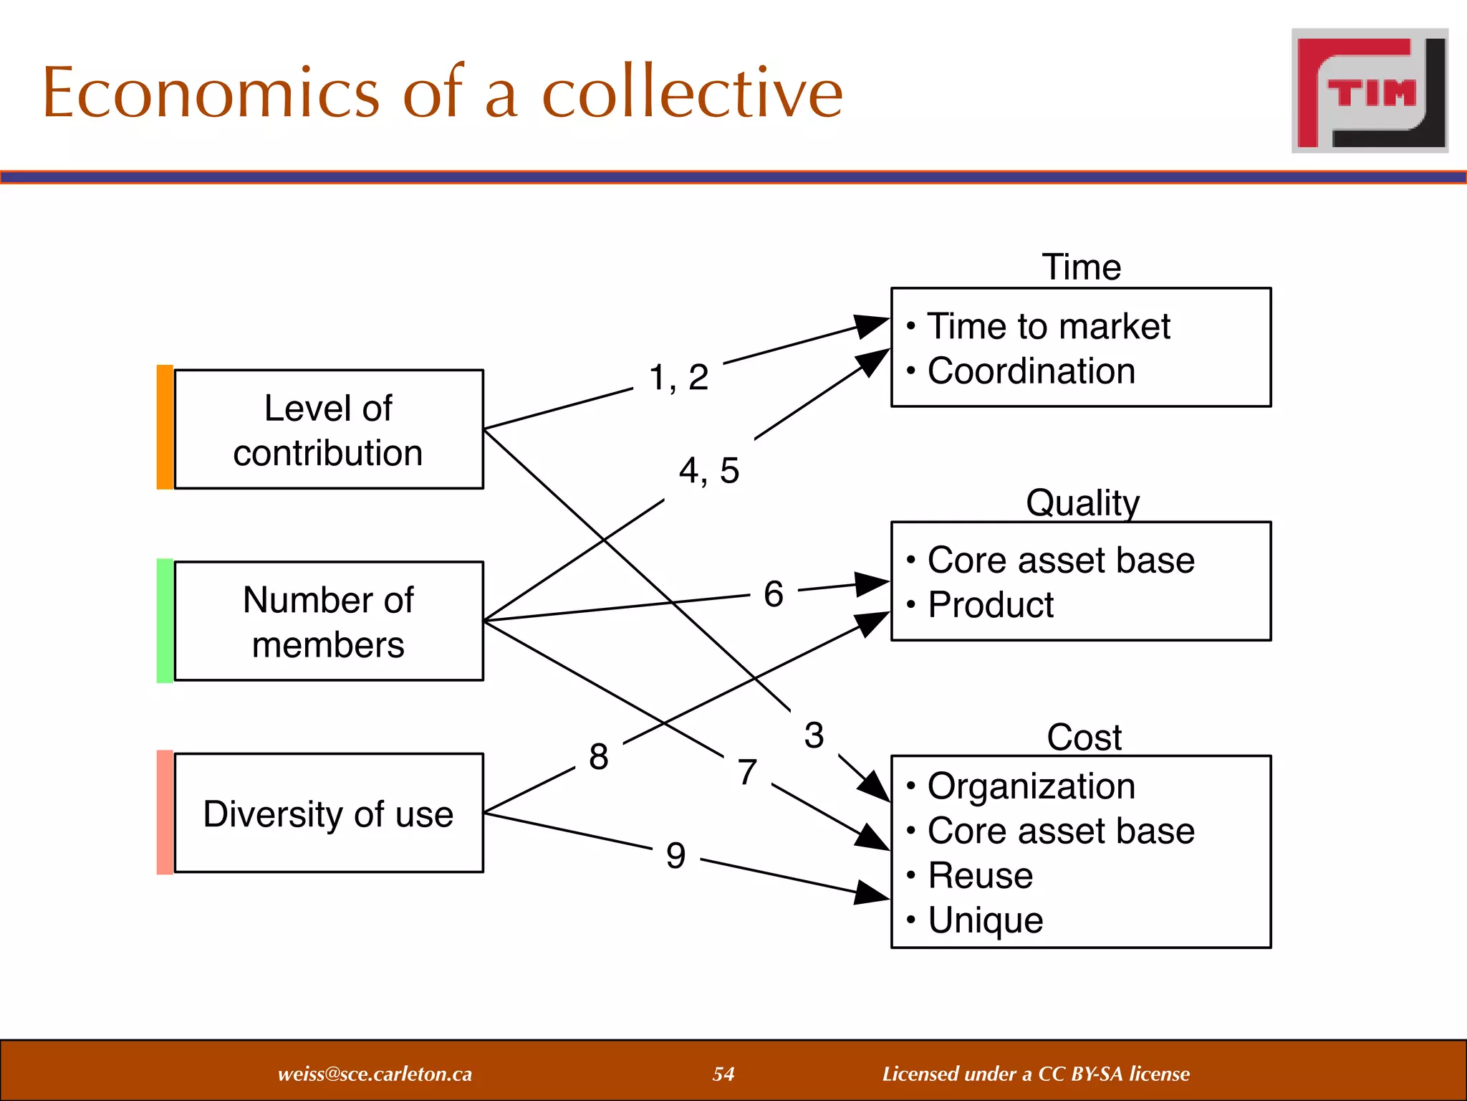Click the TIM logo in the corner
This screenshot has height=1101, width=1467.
(x=1370, y=91)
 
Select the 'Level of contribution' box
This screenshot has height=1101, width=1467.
(x=329, y=429)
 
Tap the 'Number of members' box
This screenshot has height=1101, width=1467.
(x=329, y=621)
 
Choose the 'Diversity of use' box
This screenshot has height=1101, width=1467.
(x=329, y=813)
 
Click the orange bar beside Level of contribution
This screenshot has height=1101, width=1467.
(x=165, y=427)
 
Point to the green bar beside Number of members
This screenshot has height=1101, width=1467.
(x=165, y=621)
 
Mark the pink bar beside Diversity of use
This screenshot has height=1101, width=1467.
(x=165, y=812)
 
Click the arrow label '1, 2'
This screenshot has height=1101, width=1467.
(x=678, y=377)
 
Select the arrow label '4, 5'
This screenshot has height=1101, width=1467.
(x=709, y=471)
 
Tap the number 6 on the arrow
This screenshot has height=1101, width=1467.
(x=774, y=594)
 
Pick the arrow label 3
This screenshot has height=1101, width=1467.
(x=814, y=735)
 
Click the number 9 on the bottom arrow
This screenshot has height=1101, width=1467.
(x=675, y=856)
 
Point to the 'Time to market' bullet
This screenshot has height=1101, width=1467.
(x=1048, y=327)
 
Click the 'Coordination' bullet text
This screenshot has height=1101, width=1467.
(x=1031, y=371)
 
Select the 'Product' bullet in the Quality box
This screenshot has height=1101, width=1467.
(x=990, y=605)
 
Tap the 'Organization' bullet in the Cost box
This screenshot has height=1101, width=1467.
(x=1031, y=786)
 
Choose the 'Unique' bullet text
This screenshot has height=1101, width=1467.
(x=985, y=920)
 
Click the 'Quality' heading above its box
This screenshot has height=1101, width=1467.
(x=1082, y=502)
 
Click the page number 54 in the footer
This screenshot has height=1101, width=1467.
(x=723, y=1074)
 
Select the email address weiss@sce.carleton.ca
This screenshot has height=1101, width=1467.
(x=375, y=1074)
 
